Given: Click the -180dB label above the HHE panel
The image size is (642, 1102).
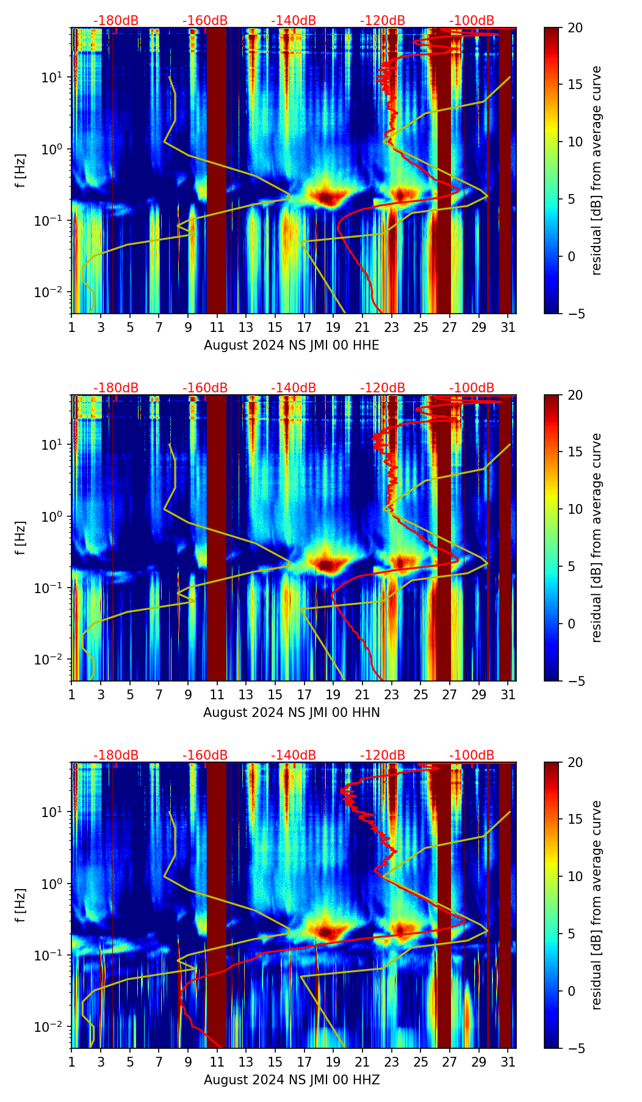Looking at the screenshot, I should [116, 21].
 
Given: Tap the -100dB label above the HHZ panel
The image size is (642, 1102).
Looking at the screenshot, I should [472, 755].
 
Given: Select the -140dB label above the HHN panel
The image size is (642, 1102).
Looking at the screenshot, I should [294, 388].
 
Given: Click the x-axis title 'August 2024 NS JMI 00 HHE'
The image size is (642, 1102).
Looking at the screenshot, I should [291, 345].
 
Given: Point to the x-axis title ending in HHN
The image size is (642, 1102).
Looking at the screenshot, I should [291, 713].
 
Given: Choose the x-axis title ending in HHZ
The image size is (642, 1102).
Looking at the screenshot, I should [291, 1080].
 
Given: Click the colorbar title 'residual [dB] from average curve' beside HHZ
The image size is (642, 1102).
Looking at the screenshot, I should [596, 905].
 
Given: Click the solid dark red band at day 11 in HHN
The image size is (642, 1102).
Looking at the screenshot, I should [217, 537].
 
